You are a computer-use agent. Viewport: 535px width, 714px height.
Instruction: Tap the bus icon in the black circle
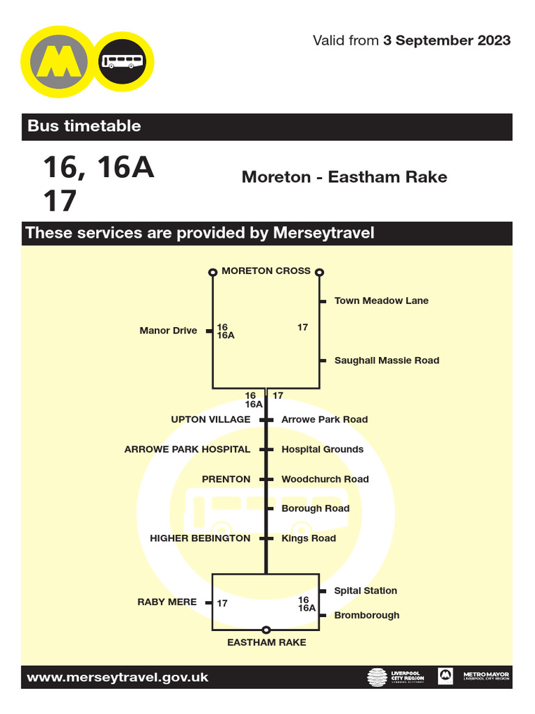pos(123,62)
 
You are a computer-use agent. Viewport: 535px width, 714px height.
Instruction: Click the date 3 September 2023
pos(447,40)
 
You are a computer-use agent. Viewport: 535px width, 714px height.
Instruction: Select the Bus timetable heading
pos(84,126)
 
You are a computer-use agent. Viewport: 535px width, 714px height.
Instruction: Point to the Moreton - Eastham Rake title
pos(344,177)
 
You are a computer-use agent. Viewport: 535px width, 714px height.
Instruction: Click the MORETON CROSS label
pos(266,271)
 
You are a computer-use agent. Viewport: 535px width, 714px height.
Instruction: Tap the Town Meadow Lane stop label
pos(381,301)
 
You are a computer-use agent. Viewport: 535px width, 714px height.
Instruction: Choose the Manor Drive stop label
pos(168,331)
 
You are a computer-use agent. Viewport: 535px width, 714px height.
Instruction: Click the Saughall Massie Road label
pos(387,360)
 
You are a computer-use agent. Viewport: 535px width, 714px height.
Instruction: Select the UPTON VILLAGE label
pos(210,420)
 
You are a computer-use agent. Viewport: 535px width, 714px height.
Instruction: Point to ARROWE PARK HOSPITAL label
pos(187,450)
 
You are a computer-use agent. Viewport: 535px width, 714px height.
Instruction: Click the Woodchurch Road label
pos(325,479)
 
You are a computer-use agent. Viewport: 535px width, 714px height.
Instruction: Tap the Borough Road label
pos(315,508)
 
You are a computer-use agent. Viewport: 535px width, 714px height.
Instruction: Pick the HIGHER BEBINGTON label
pos(200,538)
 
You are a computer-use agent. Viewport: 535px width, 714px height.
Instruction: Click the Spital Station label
pos(365,591)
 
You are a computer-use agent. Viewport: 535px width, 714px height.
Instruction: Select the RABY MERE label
pos(167,602)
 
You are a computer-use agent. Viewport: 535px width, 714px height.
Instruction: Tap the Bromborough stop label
pos(366,615)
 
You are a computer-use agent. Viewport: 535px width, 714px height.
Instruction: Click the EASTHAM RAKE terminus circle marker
pos(265,630)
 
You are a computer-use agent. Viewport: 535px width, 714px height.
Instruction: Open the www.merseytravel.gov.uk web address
pos(117,677)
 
